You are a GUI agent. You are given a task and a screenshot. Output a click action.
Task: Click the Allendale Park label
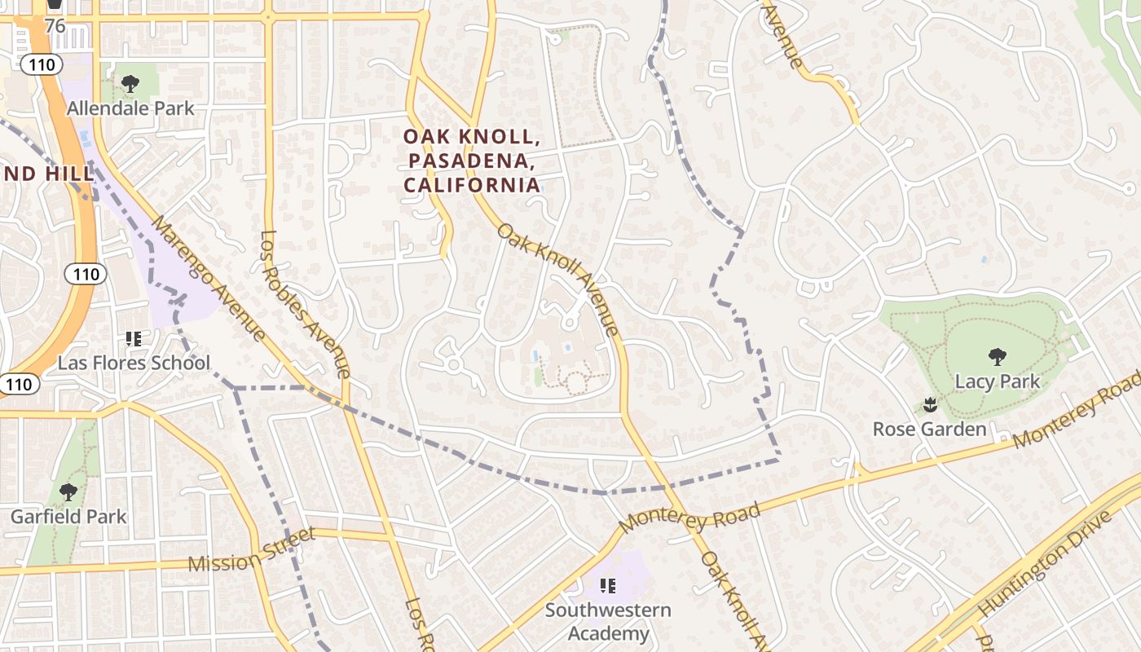[x=130, y=108]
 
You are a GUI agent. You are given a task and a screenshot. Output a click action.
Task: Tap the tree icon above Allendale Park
[x=130, y=83]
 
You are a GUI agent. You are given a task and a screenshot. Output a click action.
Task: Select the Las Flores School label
[x=134, y=363]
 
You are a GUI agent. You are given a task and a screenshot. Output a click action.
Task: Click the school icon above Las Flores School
[x=134, y=338]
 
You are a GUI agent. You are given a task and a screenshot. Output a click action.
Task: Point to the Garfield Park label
[x=68, y=516]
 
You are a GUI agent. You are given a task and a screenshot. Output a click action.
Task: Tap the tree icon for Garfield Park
[x=68, y=491]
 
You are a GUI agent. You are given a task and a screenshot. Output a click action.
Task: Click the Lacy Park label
[x=998, y=381]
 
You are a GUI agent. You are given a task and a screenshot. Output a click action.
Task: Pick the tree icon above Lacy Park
[x=997, y=356]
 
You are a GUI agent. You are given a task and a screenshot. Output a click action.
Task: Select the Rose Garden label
[x=929, y=429]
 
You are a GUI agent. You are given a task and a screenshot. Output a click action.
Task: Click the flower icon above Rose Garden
[x=928, y=404]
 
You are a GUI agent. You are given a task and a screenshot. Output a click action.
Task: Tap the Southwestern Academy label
[x=608, y=621]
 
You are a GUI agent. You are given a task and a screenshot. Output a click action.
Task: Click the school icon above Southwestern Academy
[x=607, y=585]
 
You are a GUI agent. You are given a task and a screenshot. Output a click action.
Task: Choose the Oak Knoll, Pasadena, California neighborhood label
[x=472, y=161]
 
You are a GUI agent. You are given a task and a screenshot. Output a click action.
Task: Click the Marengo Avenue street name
[x=209, y=278]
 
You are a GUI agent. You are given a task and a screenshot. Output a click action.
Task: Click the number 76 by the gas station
[x=55, y=26]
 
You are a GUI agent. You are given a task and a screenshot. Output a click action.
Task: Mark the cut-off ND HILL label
[x=30, y=174]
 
